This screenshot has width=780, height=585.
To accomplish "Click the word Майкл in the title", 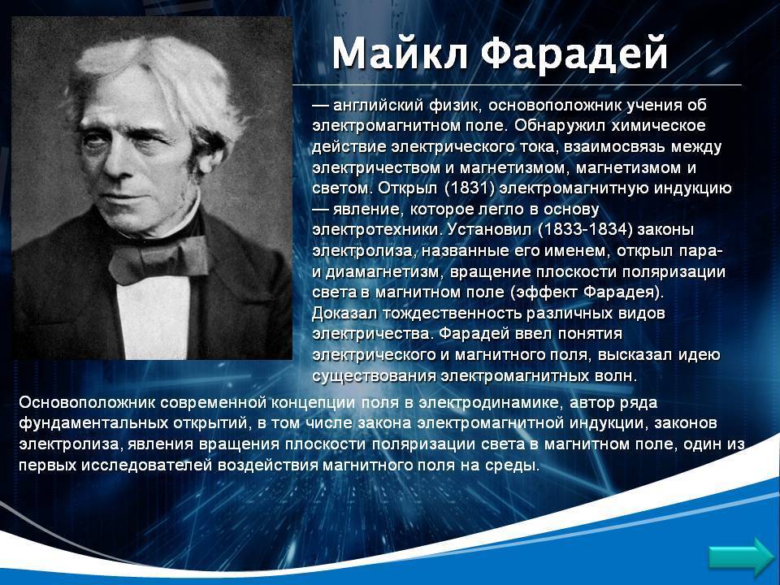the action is [400, 52].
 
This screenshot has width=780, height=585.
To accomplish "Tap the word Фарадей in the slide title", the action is [574, 54].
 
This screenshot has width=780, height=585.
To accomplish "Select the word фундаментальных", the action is [93, 423].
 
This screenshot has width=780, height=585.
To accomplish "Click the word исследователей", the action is [147, 466].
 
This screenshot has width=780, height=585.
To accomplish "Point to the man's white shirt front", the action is [153, 318].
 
